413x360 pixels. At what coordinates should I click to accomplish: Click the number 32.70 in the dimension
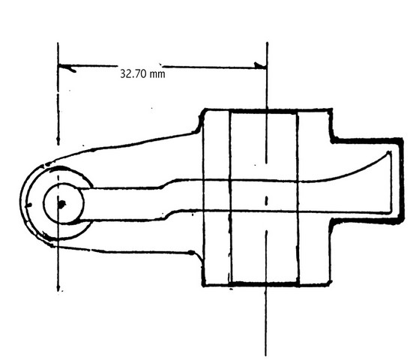pos(133,73)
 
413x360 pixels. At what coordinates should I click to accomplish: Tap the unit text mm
pos(157,74)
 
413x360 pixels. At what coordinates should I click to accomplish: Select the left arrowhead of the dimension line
pos(67,67)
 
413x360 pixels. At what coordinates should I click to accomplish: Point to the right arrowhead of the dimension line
pos(260,65)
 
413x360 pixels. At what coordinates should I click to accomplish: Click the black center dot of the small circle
pos(61,204)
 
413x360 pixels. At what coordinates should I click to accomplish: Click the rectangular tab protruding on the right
pos(367,181)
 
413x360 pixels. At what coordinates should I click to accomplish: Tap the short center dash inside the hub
pos(266,201)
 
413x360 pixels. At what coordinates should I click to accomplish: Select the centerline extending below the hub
pos(266,293)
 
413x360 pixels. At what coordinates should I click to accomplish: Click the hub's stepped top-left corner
pos(202,118)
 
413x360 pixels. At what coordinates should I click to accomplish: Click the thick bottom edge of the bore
pos(265,283)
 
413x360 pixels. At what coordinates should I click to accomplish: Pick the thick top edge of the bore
pos(263,112)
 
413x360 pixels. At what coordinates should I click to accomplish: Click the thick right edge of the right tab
pos(402,181)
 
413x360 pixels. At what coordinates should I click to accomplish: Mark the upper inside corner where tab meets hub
pos(332,140)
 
